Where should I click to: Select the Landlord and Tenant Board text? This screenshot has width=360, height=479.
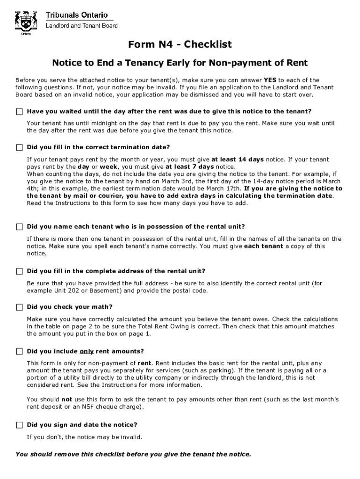click(81, 26)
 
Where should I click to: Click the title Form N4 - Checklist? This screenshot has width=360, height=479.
click(180, 44)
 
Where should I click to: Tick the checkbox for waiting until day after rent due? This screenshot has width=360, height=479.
click(19, 111)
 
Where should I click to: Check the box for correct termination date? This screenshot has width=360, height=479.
click(19, 147)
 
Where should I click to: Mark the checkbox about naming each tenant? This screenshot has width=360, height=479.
click(19, 227)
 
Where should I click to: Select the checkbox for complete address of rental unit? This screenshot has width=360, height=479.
click(19, 271)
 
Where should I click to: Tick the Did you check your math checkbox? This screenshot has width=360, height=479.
click(19, 307)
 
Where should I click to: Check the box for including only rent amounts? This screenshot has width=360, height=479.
click(19, 351)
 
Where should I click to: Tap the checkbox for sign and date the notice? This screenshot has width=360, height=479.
click(19, 425)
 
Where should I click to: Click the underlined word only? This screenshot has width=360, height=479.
click(86, 351)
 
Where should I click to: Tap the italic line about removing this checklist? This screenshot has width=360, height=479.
click(133, 454)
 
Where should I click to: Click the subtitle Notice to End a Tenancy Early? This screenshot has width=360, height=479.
click(180, 63)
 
